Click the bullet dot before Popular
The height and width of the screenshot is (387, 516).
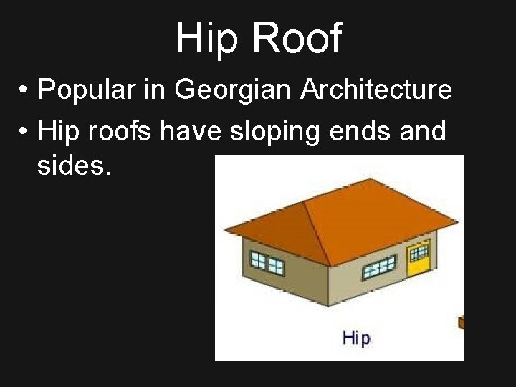click(x=24, y=92)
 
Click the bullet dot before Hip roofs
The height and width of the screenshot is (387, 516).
click(x=24, y=132)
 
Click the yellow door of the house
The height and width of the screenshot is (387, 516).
click(x=418, y=260)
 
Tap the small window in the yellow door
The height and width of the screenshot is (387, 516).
click(x=418, y=252)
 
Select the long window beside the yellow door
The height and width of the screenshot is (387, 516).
click(x=380, y=269)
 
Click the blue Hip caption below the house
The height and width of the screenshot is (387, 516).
click(x=356, y=338)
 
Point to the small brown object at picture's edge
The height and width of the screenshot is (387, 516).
click(x=462, y=322)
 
